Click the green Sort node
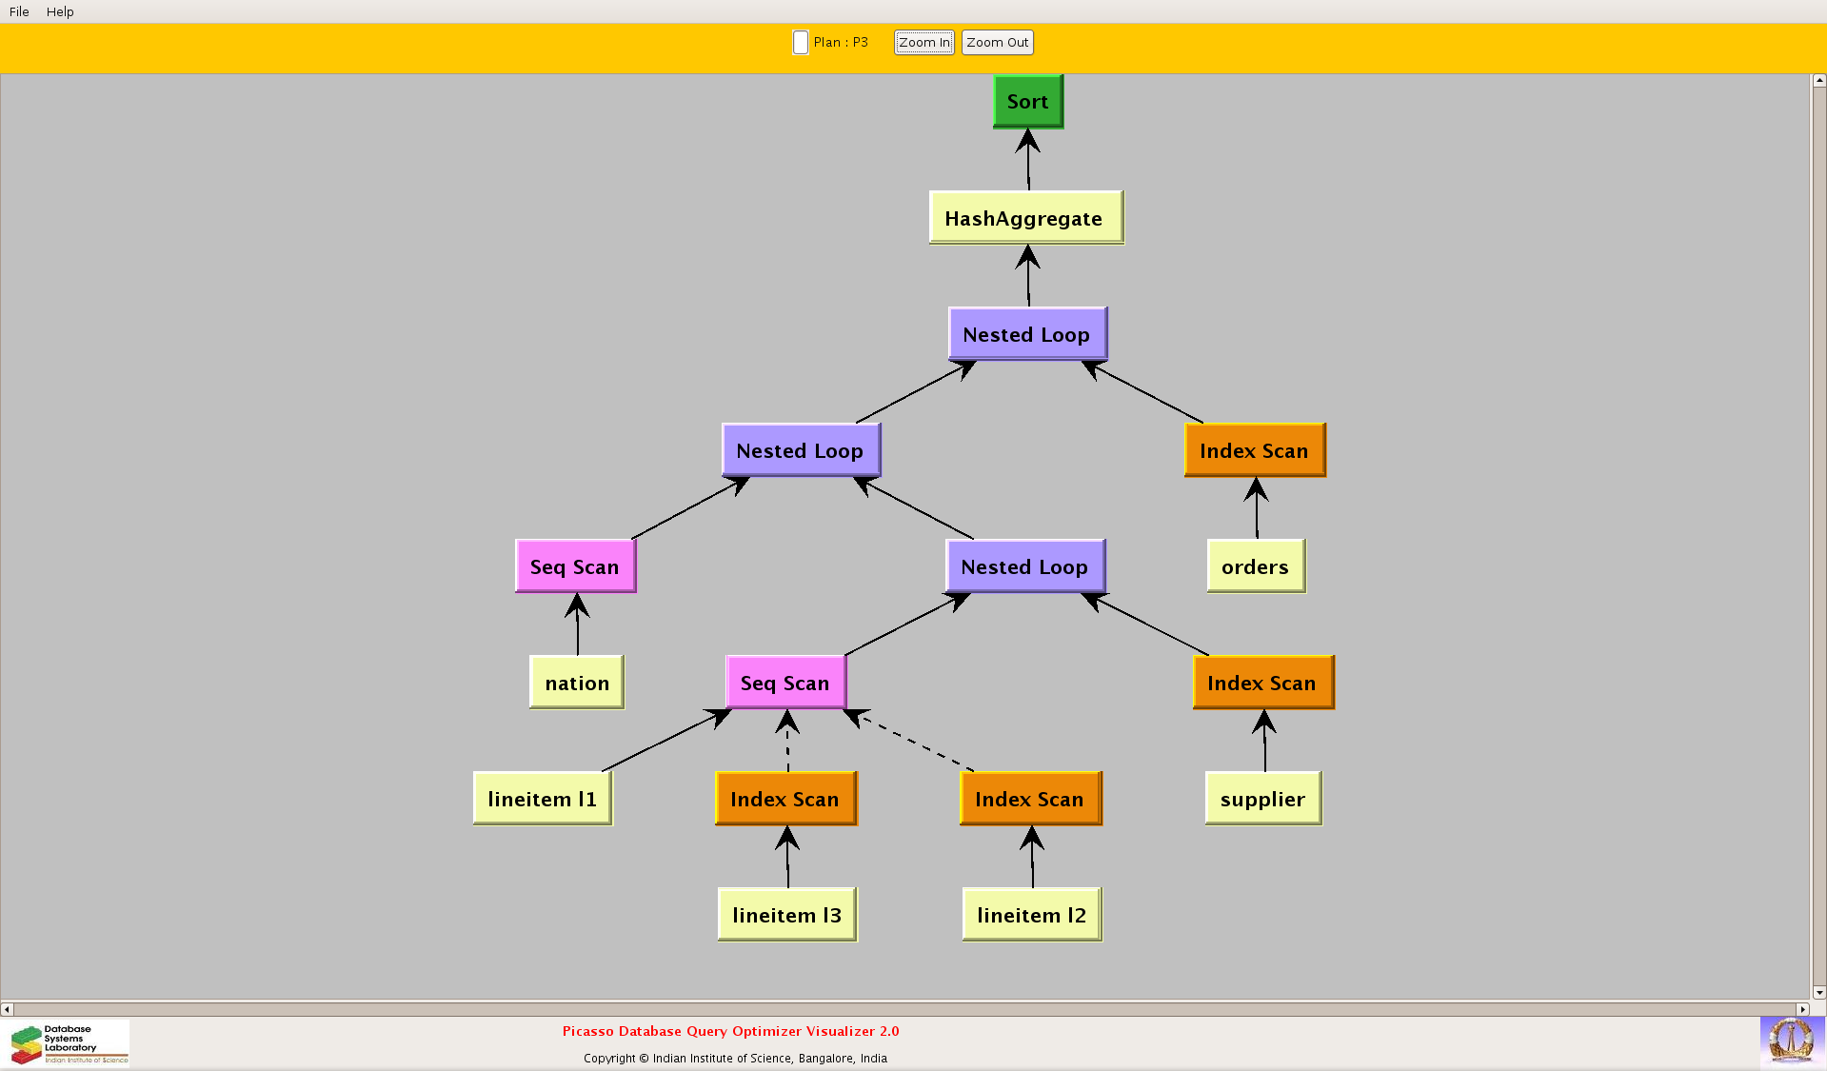click(1027, 101)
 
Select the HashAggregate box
click(1025, 218)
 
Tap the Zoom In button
click(923, 42)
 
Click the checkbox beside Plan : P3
click(801, 43)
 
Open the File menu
click(19, 11)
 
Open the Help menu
click(60, 11)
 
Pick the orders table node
click(1255, 566)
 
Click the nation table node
click(576, 683)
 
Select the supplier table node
click(1262, 799)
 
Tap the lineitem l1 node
click(542, 799)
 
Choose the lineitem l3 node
click(786, 915)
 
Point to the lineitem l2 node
click(1031, 915)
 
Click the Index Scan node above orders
click(1254, 450)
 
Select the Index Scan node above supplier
click(1262, 683)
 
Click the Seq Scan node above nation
click(575, 566)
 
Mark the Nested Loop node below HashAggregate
click(1026, 334)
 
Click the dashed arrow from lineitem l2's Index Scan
click(911, 742)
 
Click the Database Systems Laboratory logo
click(69, 1043)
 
